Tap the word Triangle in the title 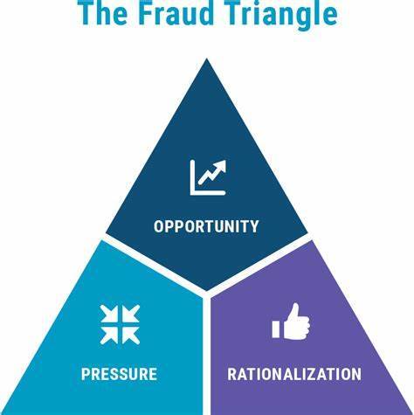pos(282,15)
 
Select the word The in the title pos(103,13)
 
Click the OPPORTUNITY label pos(206,226)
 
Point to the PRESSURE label pos(119,374)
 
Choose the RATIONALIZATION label pos(294,374)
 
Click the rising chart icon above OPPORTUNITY pos(208,177)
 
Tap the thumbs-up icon pos(291,322)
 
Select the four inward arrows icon pos(120,324)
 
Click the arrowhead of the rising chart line pos(221,165)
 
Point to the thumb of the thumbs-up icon pos(294,312)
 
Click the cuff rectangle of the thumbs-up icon pos(276,329)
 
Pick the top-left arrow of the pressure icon pos(109,314)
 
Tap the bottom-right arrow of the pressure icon pos(130,335)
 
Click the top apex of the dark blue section pos(207,59)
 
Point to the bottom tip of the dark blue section pos(206,291)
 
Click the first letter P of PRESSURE pos(86,374)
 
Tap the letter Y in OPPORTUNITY pos(254,226)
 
